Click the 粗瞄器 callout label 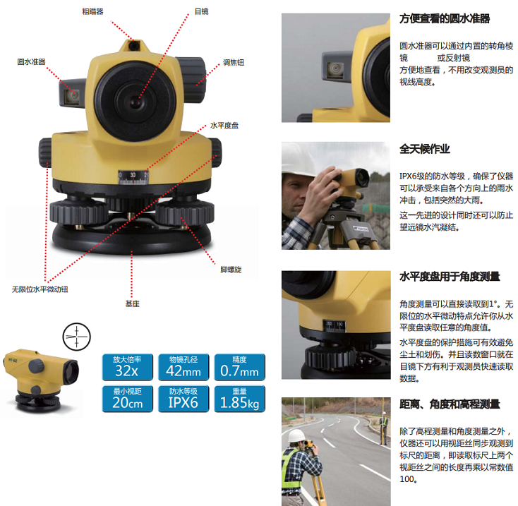click(x=93, y=11)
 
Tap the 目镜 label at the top click(x=202, y=11)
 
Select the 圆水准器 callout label click(x=31, y=62)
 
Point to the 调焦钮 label click(x=234, y=62)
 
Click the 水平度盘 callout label click(x=224, y=126)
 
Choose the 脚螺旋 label click(x=231, y=270)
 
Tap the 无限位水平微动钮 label click(x=40, y=289)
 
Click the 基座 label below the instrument click(x=133, y=303)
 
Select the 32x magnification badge click(x=128, y=367)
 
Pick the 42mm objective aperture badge click(x=183, y=367)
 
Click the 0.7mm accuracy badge click(x=240, y=367)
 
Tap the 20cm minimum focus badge click(x=128, y=399)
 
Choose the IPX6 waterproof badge click(x=183, y=399)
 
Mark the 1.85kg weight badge click(x=240, y=399)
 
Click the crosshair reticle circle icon click(x=77, y=337)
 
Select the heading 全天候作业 click(x=425, y=149)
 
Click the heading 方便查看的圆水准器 click(x=445, y=18)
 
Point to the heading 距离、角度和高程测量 click(x=450, y=404)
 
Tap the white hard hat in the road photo click(x=296, y=435)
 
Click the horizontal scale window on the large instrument click(x=133, y=177)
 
